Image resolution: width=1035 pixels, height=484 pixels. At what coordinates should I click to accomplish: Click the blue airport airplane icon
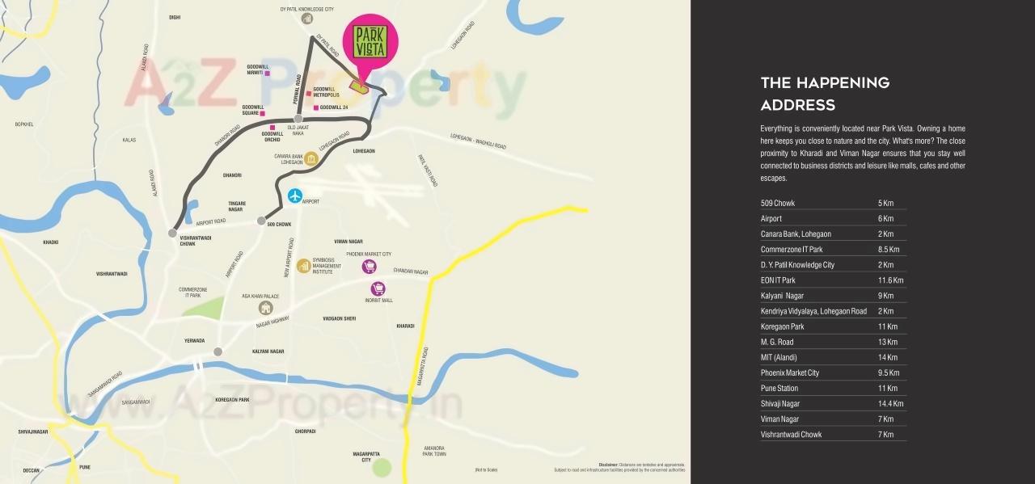[295, 196]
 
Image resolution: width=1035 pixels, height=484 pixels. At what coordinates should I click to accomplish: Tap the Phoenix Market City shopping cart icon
[369, 266]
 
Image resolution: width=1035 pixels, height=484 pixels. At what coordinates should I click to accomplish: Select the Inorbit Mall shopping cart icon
[378, 288]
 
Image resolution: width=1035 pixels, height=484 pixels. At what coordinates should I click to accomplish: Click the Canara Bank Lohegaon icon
[310, 158]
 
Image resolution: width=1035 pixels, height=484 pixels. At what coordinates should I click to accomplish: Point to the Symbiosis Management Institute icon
[303, 265]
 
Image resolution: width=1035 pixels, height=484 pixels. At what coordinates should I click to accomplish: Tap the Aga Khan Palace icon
[265, 307]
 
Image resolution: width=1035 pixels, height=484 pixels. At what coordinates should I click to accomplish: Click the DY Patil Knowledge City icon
[306, 19]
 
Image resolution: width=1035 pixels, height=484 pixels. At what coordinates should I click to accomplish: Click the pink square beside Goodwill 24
[315, 107]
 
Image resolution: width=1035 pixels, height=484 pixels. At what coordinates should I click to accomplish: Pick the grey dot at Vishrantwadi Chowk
[173, 233]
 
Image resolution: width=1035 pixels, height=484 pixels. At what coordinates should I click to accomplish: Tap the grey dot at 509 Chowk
[261, 221]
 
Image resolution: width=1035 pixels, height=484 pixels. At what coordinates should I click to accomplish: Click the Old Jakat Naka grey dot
[298, 119]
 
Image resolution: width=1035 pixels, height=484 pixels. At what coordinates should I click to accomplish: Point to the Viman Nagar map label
[349, 242]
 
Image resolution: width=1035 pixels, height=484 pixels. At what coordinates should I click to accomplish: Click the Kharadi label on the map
[405, 326]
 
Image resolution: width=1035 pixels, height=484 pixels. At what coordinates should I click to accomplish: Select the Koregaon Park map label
[232, 400]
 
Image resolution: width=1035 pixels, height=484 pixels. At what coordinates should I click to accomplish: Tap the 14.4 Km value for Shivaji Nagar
[890, 404]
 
